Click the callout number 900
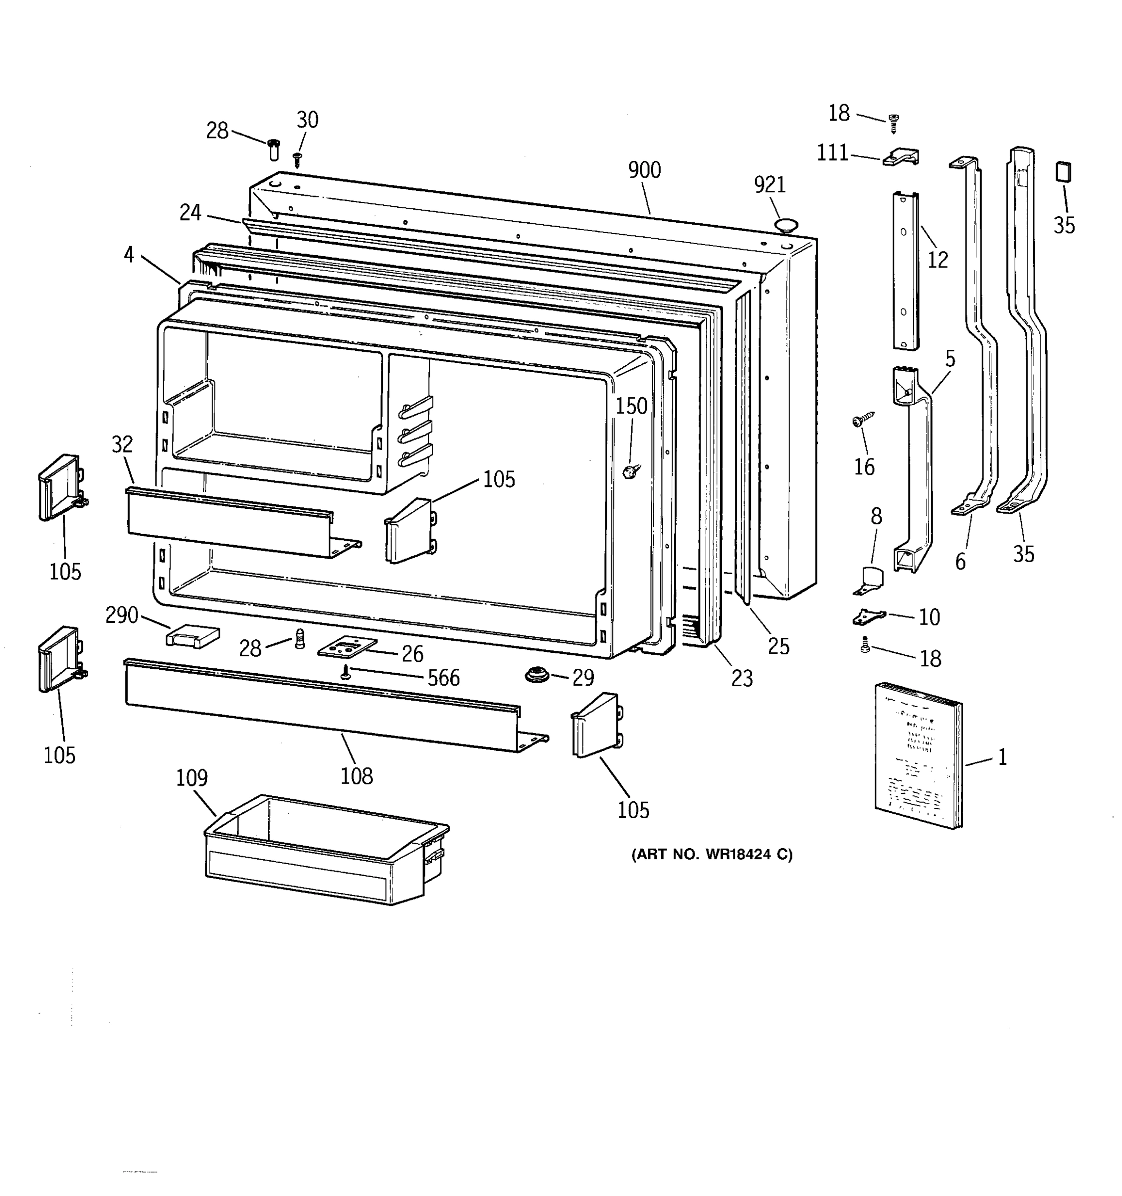[644, 170]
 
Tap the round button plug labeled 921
[785, 226]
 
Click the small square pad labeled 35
[1063, 171]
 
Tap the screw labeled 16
[861, 421]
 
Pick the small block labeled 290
[192, 636]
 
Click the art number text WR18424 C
[712, 854]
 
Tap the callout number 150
[631, 406]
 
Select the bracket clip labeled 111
[901, 157]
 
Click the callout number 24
[190, 212]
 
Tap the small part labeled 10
[868, 616]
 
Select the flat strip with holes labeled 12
[904, 271]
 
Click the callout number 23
[742, 678]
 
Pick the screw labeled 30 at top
[297, 159]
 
